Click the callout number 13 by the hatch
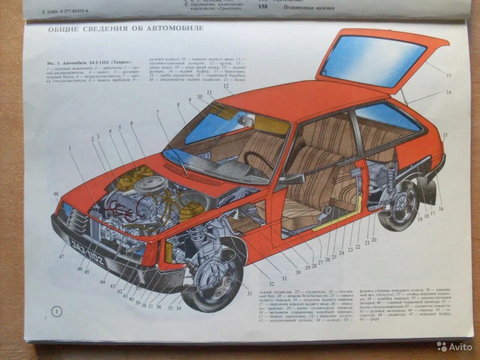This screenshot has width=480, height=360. (x=448, y=75)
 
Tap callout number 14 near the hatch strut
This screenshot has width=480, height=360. (x=448, y=92)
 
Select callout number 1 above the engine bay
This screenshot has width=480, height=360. (x=69, y=148)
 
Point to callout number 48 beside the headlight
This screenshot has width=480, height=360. (x=56, y=194)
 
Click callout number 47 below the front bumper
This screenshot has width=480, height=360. (x=61, y=256)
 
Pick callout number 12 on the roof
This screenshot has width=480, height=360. (x=226, y=86)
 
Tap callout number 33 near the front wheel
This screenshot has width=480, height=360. (x=249, y=294)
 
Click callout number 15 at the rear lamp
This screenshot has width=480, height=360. (x=445, y=135)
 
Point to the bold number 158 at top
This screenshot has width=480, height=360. (x=263, y=7)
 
